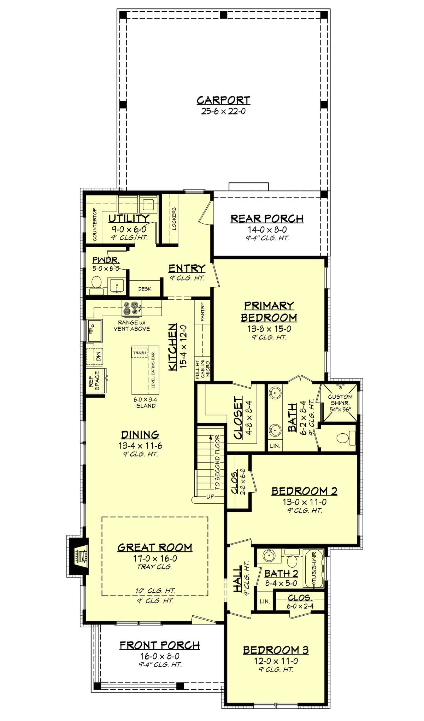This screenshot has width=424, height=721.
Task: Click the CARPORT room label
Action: point(223,100)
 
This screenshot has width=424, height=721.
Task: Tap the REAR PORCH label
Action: point(267,219)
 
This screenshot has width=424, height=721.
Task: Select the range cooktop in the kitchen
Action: point(132,309)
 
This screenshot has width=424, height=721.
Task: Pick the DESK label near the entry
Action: point(145,289)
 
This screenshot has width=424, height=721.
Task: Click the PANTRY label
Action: point(202,312)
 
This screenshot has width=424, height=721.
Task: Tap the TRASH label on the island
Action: point(140,353)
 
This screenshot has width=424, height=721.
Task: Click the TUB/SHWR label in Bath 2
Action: point(314,569)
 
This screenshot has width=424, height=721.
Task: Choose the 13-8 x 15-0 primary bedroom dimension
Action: point(269,329)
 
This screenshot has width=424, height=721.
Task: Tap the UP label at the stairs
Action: point(210,497)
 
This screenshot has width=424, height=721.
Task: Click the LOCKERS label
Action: point(174,219)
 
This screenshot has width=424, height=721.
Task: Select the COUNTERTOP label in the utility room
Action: point(95,225)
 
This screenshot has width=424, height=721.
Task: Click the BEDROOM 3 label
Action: point(276,650)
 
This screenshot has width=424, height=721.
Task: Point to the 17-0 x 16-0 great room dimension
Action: point(155,558)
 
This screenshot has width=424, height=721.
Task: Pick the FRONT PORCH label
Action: point(160,645)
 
